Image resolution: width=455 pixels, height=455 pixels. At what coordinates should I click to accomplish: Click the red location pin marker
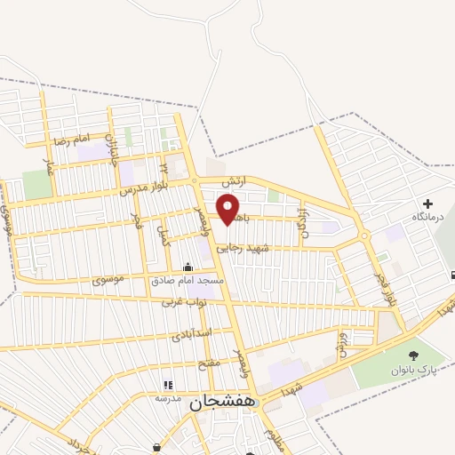[229, 208]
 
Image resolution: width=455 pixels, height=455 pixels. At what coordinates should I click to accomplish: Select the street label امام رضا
[72, 140]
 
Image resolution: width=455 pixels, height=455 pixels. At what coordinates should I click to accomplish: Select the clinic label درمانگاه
[427, 217]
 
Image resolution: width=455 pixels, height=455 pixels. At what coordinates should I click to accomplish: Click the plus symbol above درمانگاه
[428, 204]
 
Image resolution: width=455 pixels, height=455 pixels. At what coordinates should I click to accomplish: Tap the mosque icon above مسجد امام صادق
[188, 267]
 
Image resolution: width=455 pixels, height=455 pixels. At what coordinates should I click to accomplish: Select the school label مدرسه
[168, 397]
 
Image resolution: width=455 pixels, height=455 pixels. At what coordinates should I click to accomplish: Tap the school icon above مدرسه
[167, 385]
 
